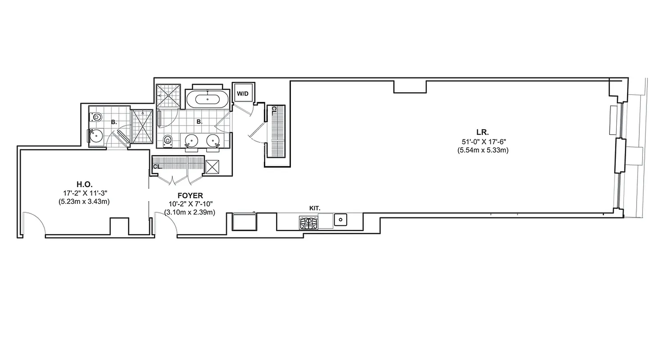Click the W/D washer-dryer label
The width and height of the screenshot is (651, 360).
point(243,94)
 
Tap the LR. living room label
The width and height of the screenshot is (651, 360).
point(482,132)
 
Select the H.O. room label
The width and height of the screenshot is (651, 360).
point(84,184)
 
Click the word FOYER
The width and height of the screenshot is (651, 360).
point(190,196)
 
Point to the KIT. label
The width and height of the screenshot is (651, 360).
point(315,208)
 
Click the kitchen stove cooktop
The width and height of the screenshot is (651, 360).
point(308,222)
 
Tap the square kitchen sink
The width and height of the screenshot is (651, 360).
point(340,220)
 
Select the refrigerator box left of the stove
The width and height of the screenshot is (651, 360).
point(244,222)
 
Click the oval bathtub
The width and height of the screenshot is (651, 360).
point(208,99)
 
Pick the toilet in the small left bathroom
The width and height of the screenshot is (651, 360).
point(95,117)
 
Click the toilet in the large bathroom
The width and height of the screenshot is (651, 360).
point(167,140)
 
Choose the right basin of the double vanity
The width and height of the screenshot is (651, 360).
point(212,141)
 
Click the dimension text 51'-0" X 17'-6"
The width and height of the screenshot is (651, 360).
point(482,141)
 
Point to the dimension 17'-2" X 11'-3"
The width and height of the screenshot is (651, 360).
point(84,193)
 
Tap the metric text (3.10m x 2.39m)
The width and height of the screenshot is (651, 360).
point(190,212)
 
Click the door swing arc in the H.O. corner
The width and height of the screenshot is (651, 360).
point(34,223)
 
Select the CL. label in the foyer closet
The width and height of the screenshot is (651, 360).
point(157,166)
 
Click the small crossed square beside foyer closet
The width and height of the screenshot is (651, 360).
point(212,166)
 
